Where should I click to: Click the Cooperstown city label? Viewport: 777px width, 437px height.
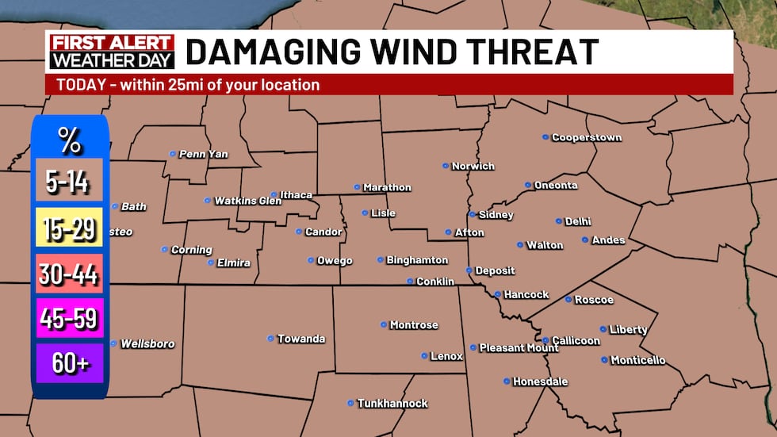pos(587,137)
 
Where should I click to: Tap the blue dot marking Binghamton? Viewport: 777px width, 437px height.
pos(381,260)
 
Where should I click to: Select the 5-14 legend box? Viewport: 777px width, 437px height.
pos(69,182)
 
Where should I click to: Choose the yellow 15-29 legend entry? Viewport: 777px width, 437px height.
pos(69,229)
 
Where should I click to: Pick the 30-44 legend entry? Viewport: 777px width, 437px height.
pos(69,274)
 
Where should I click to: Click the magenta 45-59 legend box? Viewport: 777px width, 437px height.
pos(69,319)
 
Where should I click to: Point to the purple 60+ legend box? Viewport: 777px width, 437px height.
pos(69,363)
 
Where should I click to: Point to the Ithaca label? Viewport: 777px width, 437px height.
pos(296,195)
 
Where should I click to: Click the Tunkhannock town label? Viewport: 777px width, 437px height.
pos(392,404)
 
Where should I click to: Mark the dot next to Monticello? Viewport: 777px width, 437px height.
pos(604,360)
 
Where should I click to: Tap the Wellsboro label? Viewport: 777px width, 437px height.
pos(147,344)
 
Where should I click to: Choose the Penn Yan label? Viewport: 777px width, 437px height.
pos(203,154)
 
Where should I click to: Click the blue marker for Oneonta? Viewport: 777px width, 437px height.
pos(528,185)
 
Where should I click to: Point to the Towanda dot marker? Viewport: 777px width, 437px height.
pos(270,339)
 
